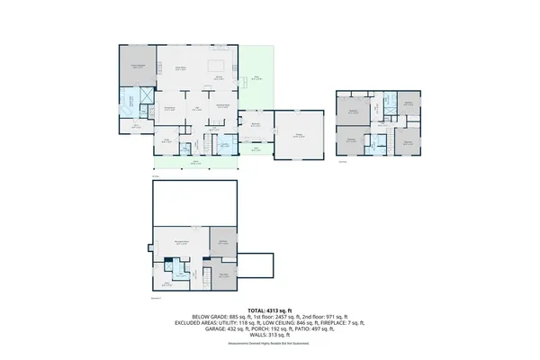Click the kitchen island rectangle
point(216,66)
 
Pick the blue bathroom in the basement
point(178,271)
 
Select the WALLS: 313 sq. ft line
point(269,335)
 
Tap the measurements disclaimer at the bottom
point(269,343)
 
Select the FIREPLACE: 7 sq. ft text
point(342,322)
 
